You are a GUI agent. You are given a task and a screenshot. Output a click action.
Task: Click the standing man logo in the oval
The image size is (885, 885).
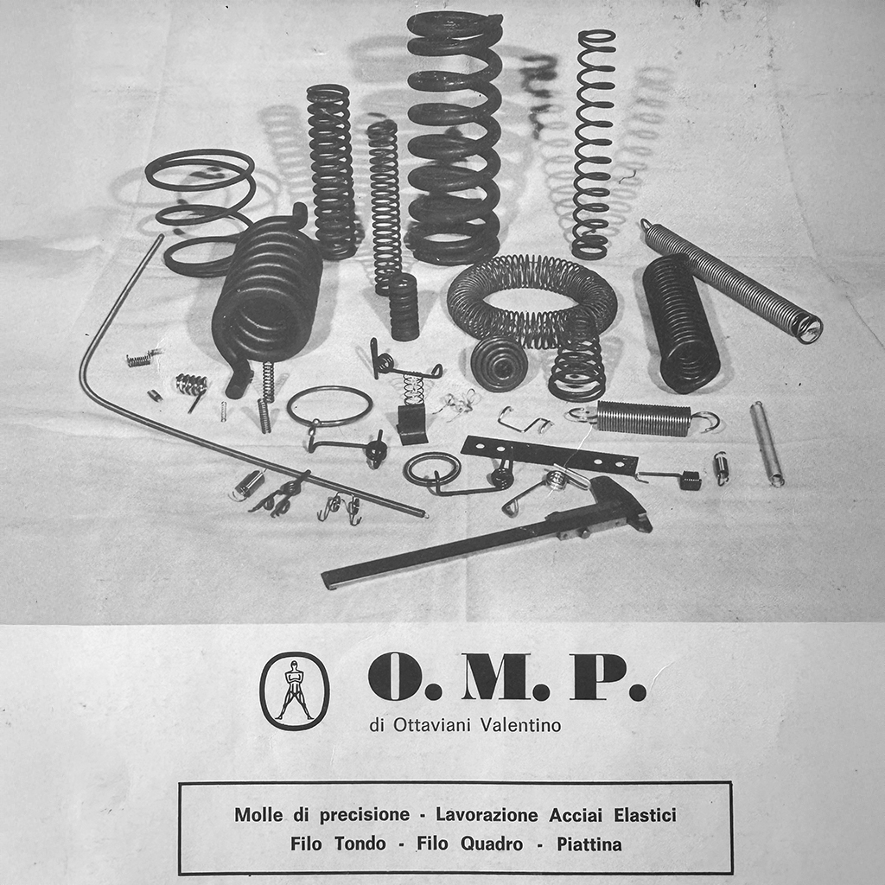pyautogui.click(x=294, y=691)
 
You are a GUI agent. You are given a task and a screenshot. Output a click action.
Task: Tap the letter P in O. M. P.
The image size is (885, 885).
pyautogui.click(x=597, y=677)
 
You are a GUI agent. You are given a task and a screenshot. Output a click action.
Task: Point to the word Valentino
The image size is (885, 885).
pyautogui.click(x=520, y=725)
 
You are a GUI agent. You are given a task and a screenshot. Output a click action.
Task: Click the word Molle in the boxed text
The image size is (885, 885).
pyautogui.click(x=258, y=814)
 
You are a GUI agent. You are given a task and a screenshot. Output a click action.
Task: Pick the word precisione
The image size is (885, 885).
pyautogui.click(x=365, y=815)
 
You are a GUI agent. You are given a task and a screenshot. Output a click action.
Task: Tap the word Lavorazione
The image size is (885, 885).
pyautogui.click(x=487, y=814)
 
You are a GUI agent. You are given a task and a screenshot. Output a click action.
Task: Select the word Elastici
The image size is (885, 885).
pyautogui.click(x=645, y=814)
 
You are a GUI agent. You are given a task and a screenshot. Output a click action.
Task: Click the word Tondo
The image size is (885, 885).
pyautogui.click(x=360, y=844)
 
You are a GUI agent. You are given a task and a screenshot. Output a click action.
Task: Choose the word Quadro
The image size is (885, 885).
pyautogui.click(x=492, y=844)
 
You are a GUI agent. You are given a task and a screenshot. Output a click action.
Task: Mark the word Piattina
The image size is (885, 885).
pyautogui.click(x=589, y=844)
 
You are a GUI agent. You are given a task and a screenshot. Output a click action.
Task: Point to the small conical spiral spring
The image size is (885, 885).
pyautogui.click(x=500, y=363)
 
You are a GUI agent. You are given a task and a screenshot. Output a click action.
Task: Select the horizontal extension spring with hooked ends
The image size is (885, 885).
pyautogui.click(x=643, y=419)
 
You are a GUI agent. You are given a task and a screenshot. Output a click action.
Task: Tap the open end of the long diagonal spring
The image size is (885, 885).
pyautogui.click(x=808, y=328)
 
